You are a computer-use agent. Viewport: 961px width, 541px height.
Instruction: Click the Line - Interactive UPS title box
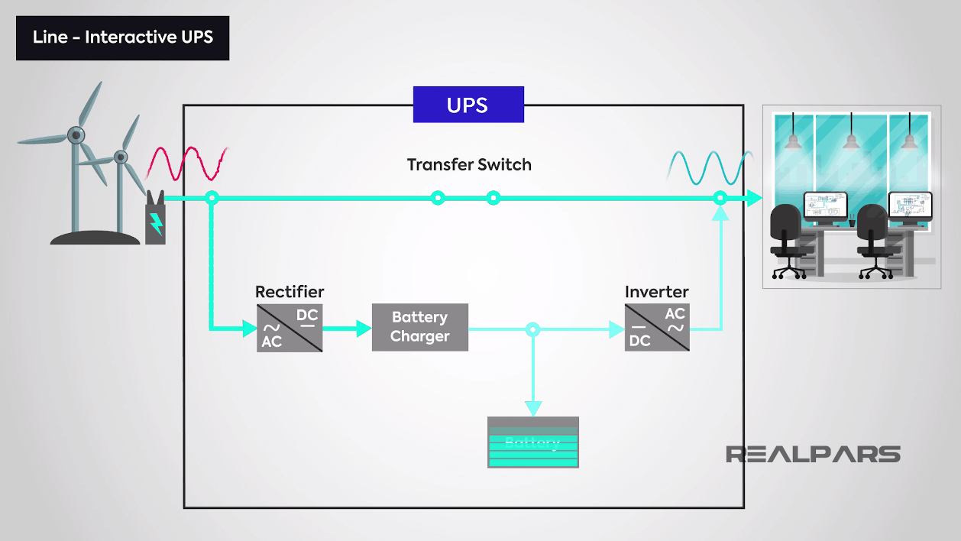pos(122,37)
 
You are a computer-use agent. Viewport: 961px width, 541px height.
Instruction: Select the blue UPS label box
pos(468,105)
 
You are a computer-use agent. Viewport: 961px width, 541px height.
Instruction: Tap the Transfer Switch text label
pos(468,164)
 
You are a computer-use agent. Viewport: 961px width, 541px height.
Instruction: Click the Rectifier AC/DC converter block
pos(290,328)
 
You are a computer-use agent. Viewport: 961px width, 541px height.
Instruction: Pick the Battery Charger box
pos(419,327)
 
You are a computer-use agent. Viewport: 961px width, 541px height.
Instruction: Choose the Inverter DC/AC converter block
pos(657,328)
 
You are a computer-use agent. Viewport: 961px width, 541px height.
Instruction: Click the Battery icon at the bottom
pos(532,442)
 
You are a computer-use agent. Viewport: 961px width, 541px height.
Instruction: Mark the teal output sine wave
pos(710,168)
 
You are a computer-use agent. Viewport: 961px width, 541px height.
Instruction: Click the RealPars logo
pos(813,454)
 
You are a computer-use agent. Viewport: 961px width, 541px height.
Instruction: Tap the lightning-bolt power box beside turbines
pos(155,221)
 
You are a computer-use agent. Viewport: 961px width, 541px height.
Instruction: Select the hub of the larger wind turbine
pos(76,136)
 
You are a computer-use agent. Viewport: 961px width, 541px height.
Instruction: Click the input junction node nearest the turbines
pos(212,199)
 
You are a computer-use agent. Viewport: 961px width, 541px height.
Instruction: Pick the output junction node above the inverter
pos(720,199)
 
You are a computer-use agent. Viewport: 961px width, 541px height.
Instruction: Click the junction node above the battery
pos(532,330)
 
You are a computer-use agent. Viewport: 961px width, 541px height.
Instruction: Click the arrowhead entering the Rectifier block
pos(249,329)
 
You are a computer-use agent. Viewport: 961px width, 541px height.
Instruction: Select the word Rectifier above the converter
pos(290,292)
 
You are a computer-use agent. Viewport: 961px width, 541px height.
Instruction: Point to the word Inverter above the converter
pos(656,292)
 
